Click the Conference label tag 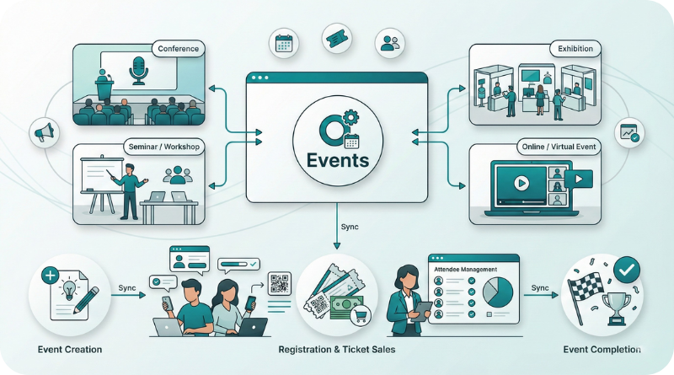point(179,49)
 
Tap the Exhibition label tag point(575,49)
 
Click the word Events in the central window point(337,160)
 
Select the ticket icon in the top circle point(336,37)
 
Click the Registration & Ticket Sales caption point(335,349)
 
